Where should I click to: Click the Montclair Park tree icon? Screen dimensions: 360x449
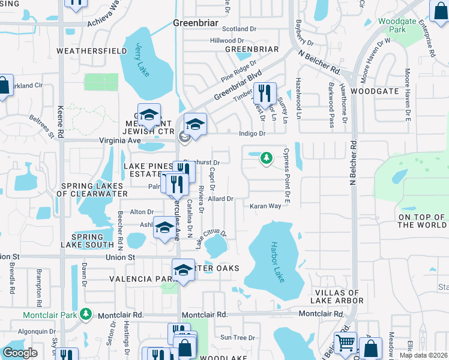click(86, 314)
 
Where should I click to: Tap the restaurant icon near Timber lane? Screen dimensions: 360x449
click(264, 93)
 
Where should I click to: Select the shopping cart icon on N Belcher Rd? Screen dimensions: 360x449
click(345, 343)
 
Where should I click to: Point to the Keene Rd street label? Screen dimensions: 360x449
click(61, 114)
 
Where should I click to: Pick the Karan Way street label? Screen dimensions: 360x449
click(266, 206)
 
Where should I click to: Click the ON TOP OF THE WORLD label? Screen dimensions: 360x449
click(422, 221)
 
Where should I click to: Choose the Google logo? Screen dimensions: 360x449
click(20, 352)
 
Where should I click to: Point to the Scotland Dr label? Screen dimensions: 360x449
click(239, 29)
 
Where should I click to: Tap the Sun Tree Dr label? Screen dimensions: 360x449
click(238, 338)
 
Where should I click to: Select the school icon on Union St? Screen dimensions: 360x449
click(183, 270)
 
